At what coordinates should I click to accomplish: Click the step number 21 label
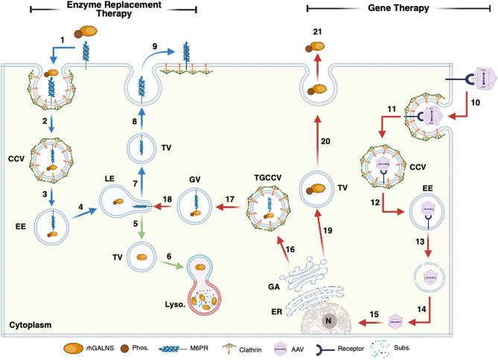click(x=317, y=32)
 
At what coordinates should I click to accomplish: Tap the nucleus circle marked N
click(x=328, y=321)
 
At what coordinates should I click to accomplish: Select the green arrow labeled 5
click(x=141, y=227)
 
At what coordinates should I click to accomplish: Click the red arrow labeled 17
click(x=228, y=208)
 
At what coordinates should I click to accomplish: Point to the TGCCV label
click(x=268, y=178)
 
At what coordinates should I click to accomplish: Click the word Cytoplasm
click(x=31, y=325)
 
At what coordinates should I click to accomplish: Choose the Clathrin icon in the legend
click(x=228, y=349)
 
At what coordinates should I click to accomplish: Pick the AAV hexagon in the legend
click(x=281, y=349)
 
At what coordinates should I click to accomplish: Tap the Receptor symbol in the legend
click(x=325, y=350)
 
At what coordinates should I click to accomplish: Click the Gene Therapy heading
click(x=398, y=8)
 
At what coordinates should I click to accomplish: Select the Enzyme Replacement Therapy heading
click(x=114, y=9)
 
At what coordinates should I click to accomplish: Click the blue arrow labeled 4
click(x=84, y=213)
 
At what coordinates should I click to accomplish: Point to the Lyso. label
click(x=175, y=304)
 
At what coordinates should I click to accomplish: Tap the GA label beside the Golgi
click(x=274, y=287)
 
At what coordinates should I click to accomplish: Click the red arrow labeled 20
click(x=317, y=141)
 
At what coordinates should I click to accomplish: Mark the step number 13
click(x=420, y=242)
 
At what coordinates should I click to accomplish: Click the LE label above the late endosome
click(x=109, y=179)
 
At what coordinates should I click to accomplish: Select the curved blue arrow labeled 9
click(x=157, y=58)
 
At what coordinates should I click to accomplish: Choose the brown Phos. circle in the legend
click(x=124, y=349)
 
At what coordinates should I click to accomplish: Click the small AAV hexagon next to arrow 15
click(x=395, y=322)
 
